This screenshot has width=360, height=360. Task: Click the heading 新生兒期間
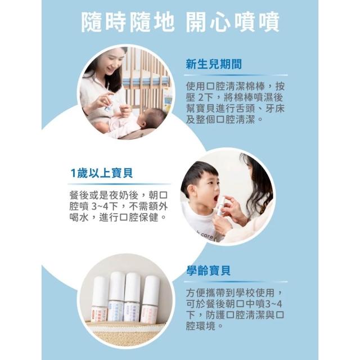pyautogui.click(x=214, y=64)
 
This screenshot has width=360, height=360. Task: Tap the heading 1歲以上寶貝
pyautogui.click(x=101, y=173)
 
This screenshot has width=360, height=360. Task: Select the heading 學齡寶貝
pyautogui.click(x=208, y=271)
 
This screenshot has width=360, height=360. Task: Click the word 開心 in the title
pyautogui.click(x=208, y=22)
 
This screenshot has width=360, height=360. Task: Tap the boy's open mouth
pyautogui.click(x=215, y=198)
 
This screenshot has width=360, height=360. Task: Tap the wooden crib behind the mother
pyautogui.click(x=147, y=78)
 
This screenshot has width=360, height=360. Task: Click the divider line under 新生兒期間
pyautogui.click(x=236, y=75)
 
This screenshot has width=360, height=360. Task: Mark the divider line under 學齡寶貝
pyautogui.click(x=236, y=282)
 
